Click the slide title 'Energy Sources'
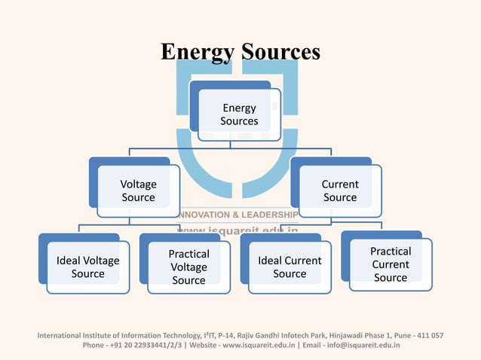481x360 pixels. coord(240,51)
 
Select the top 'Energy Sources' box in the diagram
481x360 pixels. coord(239,115)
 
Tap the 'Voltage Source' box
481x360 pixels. coord(138,191)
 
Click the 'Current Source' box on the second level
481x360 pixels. coord(340,191)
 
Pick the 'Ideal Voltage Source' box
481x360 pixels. coord(87,267)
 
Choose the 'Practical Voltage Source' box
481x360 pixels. coord(188,267)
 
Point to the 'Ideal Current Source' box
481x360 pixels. coord(290,267)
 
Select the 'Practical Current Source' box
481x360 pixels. coord(390,264)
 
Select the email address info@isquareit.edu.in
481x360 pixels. coord(363,346)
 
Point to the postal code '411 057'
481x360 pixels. coord(427,335)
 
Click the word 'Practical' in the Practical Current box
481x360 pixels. coord(390,252)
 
